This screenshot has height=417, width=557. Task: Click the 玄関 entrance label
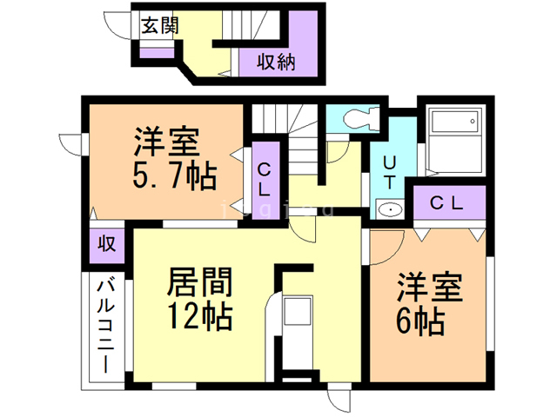coord(160,25)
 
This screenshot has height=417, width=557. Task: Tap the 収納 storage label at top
coord(275,62)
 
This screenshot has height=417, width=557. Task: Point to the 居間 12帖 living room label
coord(199,298)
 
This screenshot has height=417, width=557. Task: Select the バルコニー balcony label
coord(106,326)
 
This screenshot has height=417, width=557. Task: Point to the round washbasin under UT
coord(389,208)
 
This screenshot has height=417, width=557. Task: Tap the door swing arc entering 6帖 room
coord(388,235)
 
